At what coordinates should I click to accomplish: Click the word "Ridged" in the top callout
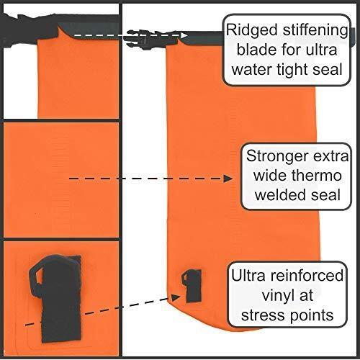tap(251, 31)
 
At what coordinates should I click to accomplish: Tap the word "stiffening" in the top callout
tap(315, 31)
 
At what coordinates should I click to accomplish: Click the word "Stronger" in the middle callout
tap(276, 156)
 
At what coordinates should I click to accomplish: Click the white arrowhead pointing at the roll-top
tap(184, 35)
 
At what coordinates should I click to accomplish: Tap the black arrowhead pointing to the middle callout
tap(228, 179)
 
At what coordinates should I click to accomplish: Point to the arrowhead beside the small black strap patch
tap(176, 297)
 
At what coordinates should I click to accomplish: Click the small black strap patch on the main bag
tap(192, 285)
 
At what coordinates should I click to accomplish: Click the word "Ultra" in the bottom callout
tap(248, 276)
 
